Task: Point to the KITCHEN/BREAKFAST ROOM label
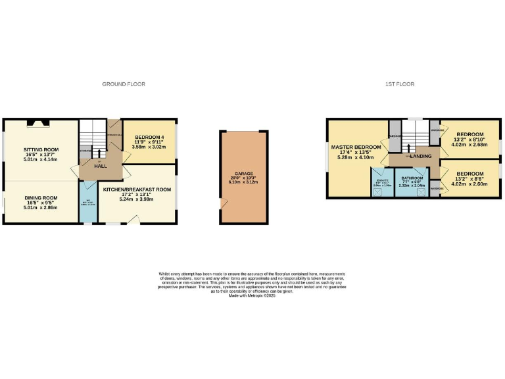coord(137,189)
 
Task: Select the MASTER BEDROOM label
coord(356,147)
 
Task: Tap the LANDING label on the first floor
coord(420,156)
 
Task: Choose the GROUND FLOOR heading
coord(123,84)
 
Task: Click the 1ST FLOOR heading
coord(400,84)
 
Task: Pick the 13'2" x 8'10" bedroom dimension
coord(469,139)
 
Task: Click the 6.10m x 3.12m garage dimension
coord(243,182)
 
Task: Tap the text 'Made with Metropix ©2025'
coord(252,295)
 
